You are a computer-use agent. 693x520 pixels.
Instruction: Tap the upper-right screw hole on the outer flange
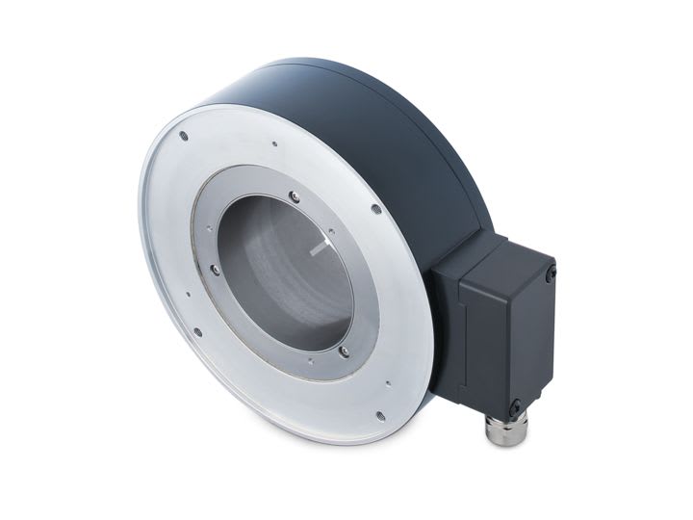[x=375, y=208]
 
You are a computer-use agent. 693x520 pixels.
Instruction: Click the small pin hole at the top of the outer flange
[x=275, y=145]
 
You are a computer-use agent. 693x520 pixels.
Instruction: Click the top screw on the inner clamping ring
[x=295, y=196]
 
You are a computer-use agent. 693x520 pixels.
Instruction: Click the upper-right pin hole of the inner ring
[x=332, y=232]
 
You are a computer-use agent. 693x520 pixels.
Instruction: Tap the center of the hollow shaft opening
[x=285, y=274]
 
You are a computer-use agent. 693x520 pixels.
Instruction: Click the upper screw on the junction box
[x=550, y=275]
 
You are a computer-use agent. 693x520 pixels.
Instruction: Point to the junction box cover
[x=505, y=332]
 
